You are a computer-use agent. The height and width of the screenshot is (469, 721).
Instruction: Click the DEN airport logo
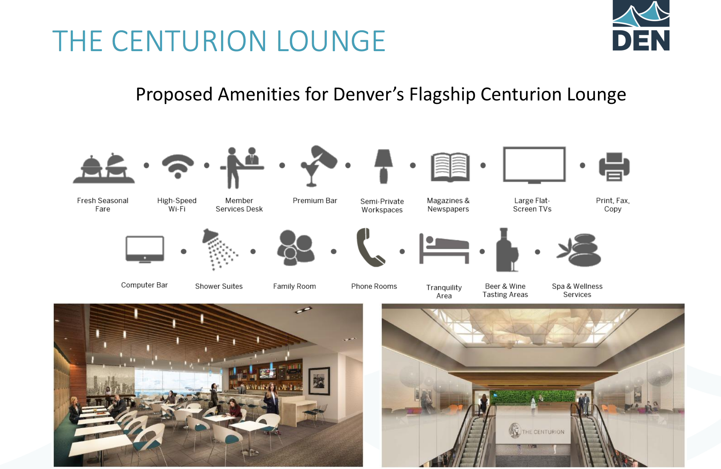pos(641,25)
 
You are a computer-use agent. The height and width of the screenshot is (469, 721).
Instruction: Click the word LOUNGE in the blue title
pos(331,41)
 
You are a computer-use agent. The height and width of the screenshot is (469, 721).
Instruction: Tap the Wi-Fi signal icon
pos(178,166)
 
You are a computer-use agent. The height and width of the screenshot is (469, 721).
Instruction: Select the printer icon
pos(614,167)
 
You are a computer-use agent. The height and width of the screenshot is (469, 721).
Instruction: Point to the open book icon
pos(450,167)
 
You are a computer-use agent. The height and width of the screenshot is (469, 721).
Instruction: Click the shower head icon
pos(219,250)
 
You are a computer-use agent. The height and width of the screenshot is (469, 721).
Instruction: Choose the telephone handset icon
pos(370,247)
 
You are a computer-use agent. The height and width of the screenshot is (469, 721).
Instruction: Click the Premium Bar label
pos(315,201)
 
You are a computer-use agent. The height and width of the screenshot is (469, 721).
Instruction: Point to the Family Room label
pos(294,286)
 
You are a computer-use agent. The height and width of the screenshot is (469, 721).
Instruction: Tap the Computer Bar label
pos(144,285)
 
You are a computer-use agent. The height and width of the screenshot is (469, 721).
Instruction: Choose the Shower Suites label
pos(219,286)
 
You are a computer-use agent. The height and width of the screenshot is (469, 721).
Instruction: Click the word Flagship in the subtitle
pos(442,95)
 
